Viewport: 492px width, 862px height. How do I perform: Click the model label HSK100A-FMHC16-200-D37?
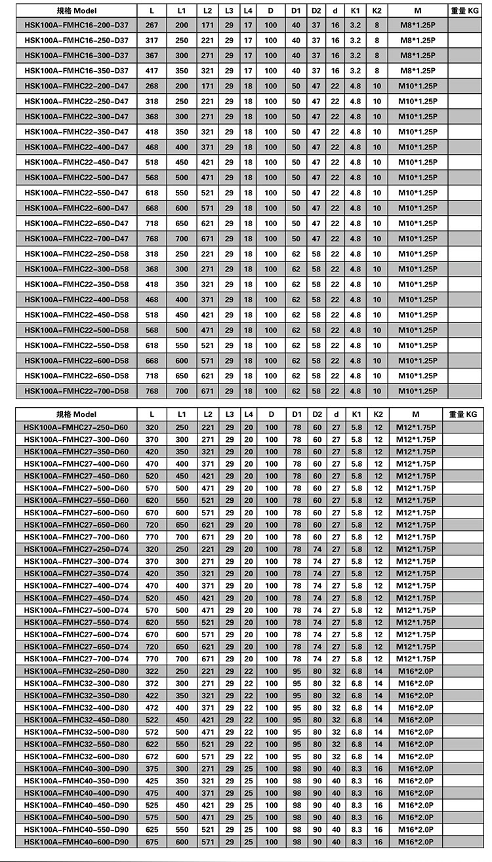coord(76,25)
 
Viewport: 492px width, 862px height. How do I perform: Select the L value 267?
coord(152,25)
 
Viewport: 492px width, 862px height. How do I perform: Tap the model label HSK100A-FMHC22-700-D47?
coord(76,239)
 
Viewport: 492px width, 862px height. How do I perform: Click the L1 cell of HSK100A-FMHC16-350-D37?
coord(182,71)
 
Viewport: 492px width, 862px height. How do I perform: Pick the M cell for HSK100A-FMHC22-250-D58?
coord(418,254)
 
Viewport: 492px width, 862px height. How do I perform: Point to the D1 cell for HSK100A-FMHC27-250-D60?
coord(297,427)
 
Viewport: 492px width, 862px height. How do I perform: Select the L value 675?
coord(152,842)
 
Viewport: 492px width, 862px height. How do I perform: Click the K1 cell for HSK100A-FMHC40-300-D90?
coord(356,769)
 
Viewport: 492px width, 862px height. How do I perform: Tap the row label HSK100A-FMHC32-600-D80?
coord(76,756)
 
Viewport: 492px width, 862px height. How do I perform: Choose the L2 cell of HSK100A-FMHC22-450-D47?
coord(207,163)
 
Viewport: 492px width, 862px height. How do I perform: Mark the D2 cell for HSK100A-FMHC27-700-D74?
coord(317,659)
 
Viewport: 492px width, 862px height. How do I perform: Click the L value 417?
coord(152,71)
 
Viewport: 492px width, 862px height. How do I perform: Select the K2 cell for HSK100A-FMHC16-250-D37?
coord(377,40)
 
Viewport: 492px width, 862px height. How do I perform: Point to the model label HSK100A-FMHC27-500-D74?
coord(76,610)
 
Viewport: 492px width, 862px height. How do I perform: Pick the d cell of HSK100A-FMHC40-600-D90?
coord(336,842)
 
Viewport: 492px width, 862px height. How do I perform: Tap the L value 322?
coord(152,671)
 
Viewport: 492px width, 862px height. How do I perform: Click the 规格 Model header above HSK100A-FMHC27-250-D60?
coord(76,414)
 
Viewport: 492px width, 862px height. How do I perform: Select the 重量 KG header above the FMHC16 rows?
coord(467,11)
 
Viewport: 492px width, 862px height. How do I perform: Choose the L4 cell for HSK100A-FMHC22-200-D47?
coord(248,86)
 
